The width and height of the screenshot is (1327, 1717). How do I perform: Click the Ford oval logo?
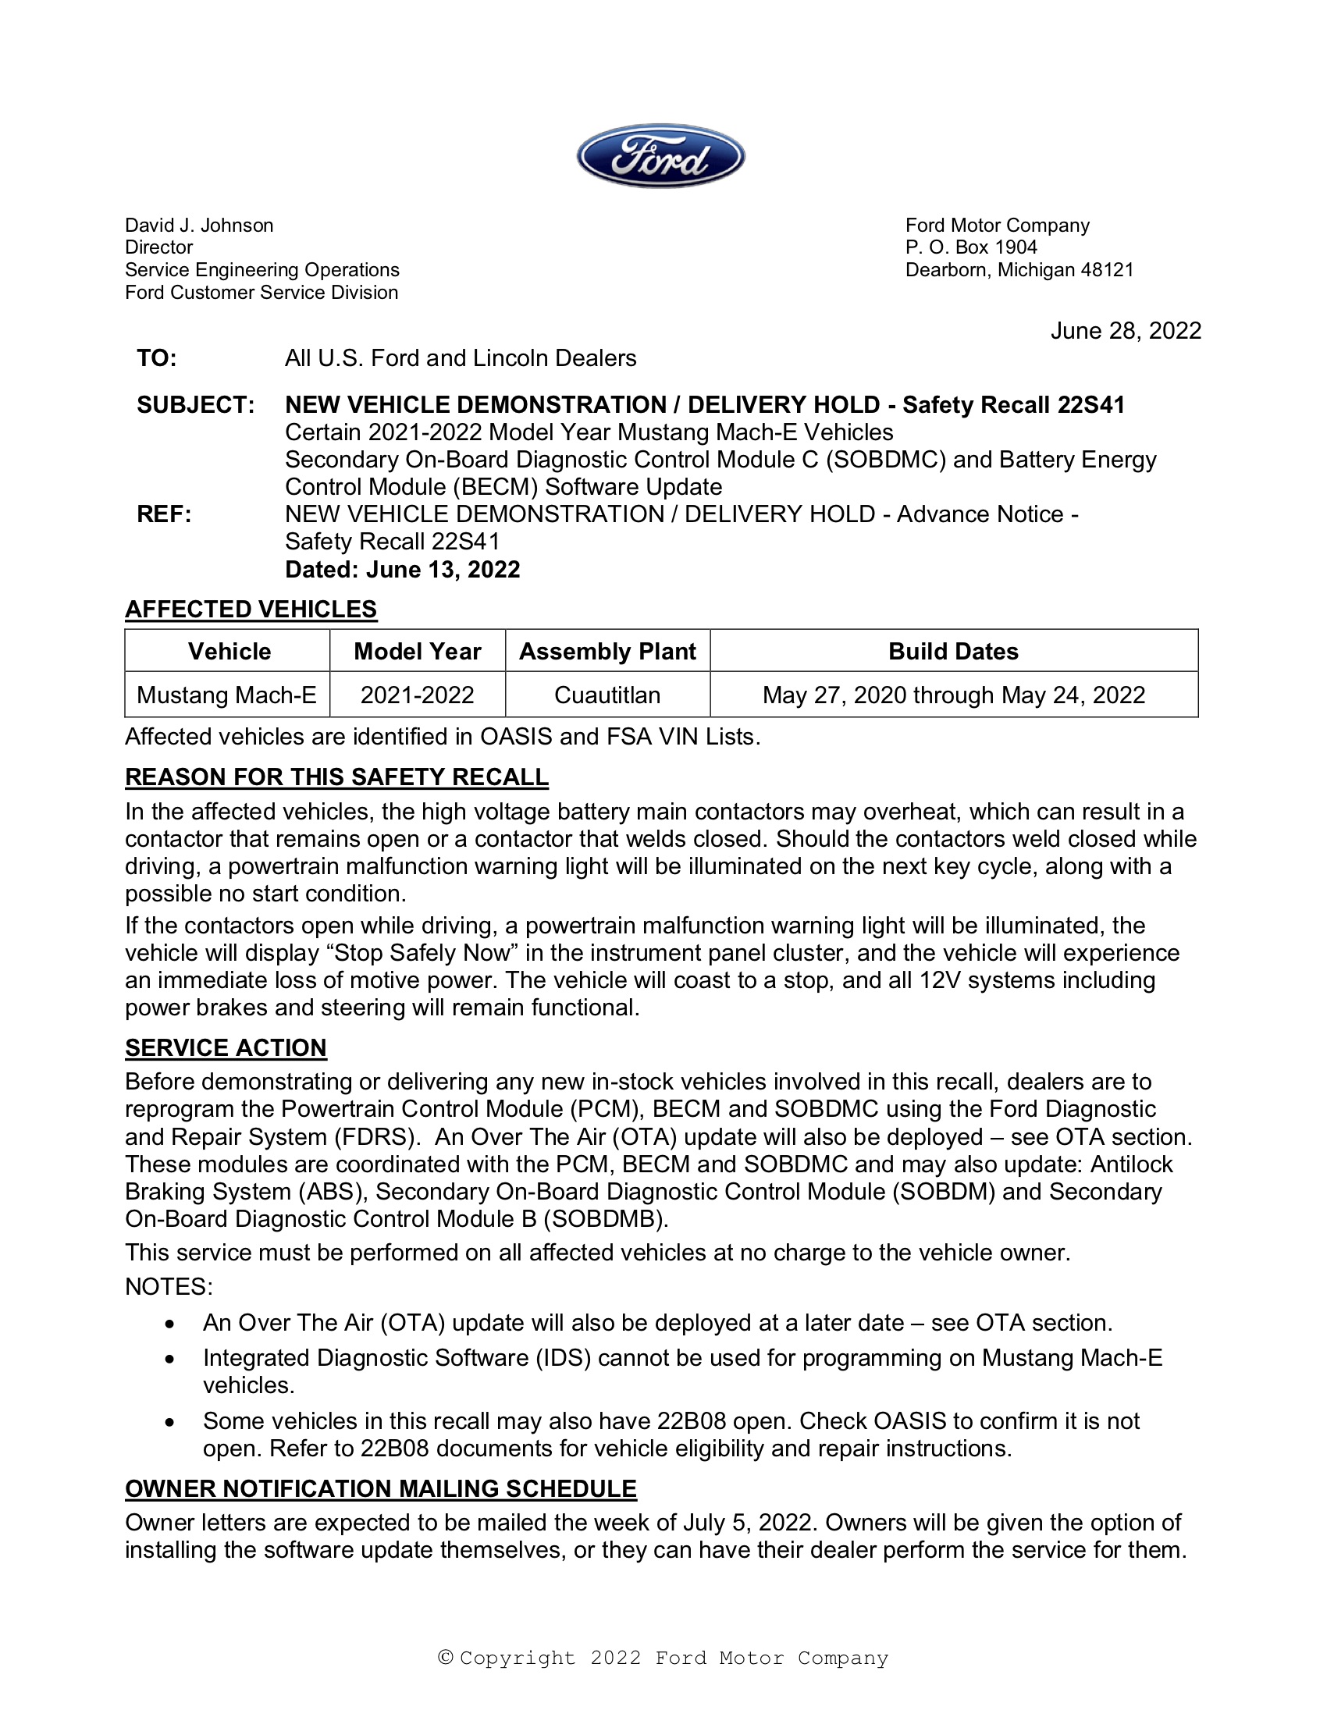pyautogui.click(x=660, y=155)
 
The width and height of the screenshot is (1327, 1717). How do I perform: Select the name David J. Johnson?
pyautogui.click(x=199, y=226)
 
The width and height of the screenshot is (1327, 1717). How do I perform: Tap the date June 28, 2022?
pyautogui.click(x=1125, y=331)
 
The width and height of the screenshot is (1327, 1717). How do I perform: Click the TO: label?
pyautogui.click(x=156, y=358)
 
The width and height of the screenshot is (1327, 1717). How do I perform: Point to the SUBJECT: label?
pyautogui.click(x=195, y=405)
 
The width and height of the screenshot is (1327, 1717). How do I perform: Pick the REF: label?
pyautogui.click(x=163, y=514)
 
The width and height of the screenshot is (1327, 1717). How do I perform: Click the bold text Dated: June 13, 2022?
pyautogui.click(x=402, y=569)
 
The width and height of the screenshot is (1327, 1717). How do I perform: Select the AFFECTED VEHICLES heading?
pyautogui.click(x=251, y=610)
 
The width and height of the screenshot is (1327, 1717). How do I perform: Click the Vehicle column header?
pyautogui.click(x=229, y=652)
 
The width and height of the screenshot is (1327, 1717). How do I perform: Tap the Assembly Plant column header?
pyautogui.click(x=607, y=652)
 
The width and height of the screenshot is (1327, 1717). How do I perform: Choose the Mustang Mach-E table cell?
pyautogui.click(x=226, y=695)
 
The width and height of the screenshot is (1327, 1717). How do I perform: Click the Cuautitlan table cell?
pyautogui.click(x=607, y=695)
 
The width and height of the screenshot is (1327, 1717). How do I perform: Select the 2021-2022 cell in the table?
pyautogui.click(x=417, y=695)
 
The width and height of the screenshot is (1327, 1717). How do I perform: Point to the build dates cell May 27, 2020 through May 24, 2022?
pyautogui.click(x=953, y=695)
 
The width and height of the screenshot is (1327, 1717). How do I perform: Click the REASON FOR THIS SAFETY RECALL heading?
pyautogui.click(x=336, y=777)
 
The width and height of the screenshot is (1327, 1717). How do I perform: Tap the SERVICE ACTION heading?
pyautogui.click(x=226, y=1048)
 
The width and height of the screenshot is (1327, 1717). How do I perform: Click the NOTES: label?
pyautogui.click(x=169, y=1287)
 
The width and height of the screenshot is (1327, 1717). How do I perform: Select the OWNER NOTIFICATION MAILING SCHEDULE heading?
pyautogui.click(x=380, y=1489)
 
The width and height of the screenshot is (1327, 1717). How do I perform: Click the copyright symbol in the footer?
pyautogui.click(x=446, y=1658)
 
